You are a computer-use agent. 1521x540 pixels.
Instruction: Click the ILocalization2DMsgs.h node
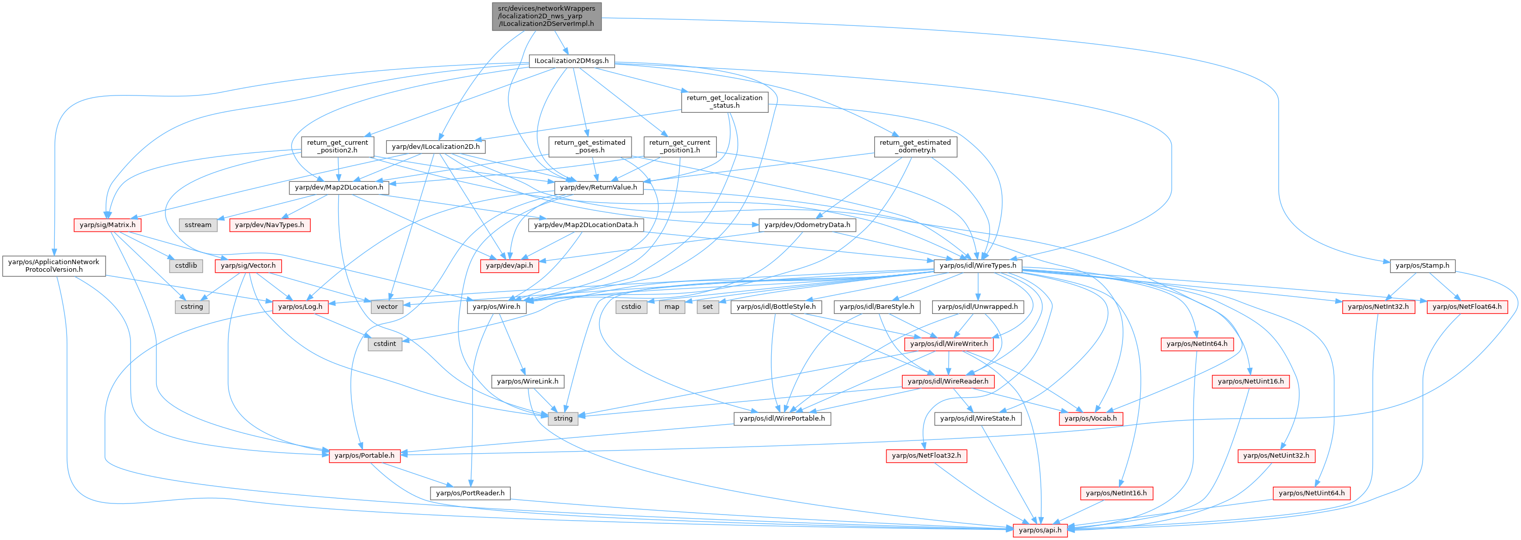point(571,61)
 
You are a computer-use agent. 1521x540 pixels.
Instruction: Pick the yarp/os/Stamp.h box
point(1422,266)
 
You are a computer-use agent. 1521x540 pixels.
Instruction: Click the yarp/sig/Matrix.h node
point(108,225)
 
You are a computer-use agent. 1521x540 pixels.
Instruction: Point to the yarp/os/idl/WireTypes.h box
point(978,266)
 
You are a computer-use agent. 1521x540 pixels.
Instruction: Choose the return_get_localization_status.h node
point(724,102)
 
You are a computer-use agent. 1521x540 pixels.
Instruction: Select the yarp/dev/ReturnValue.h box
point(598,187)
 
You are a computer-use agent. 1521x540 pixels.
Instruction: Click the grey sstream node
point(198,225)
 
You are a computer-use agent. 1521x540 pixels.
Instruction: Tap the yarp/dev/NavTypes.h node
point(269,225)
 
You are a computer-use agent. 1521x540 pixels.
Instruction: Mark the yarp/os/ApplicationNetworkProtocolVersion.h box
point(54,266)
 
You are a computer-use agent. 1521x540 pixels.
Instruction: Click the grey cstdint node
point(384,344)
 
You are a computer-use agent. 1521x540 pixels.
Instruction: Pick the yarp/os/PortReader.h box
point(470,493)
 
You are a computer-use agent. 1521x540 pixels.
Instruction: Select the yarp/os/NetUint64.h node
point(1311,493)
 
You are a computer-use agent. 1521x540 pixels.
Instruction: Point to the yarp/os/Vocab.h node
point(1090,418)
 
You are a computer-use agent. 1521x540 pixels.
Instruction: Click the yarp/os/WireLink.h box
point(527,382)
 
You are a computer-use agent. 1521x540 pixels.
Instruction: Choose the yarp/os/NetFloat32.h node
point(926,456)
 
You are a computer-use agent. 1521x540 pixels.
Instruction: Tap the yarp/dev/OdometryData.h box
point(807,225)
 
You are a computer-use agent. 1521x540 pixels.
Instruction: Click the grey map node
point(671,307)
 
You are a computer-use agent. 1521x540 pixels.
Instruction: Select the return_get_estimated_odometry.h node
point(915,146)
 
